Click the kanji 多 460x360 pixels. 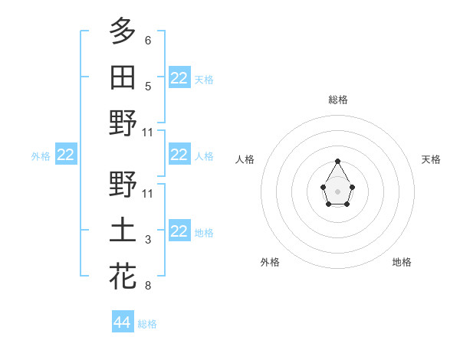pyautogui.click(x=123, y=31)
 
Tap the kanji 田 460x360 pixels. pyautogui.click(x=123, y=77)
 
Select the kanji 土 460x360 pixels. pyautogui.click(x=123, y=231)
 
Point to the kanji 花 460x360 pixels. pyautogui.click(x=123, y=276)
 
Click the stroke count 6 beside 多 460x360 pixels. pyautogui.click(x=148, y=40)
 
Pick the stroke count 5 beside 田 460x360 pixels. pyautogui.click(x=148, y=87)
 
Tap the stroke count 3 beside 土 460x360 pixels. pyautogui.click(x=148, y=240)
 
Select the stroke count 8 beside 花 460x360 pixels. pyautogui.click(x=148, y=286)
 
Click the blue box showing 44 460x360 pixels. pyautogui.click(x=123, y=322)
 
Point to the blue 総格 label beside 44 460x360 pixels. pyautogui.click(x=147, y=324)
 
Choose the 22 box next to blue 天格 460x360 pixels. pyautogui.click(x=179, y=78)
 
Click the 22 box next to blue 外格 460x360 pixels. pyautogui.click(x=66, y=155)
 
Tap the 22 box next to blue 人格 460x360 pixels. pyautogui.click(x=179, y=155)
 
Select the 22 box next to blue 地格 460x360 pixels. pyautogui.click(x=179, y=231)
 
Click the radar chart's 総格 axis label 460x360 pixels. pyautogui.click(x=338, y=100)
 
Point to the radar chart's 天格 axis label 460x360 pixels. pyautogui.click(x=432, y=159)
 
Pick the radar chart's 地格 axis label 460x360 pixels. pyautogui.click(x=402, y=262)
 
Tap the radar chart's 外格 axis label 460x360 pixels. pyautogui.click(x=270, y=262)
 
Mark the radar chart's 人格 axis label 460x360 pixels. pyautogui.click(x=245, y=159)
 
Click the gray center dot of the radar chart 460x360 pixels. pyautogui.click(x=338, y=191)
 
